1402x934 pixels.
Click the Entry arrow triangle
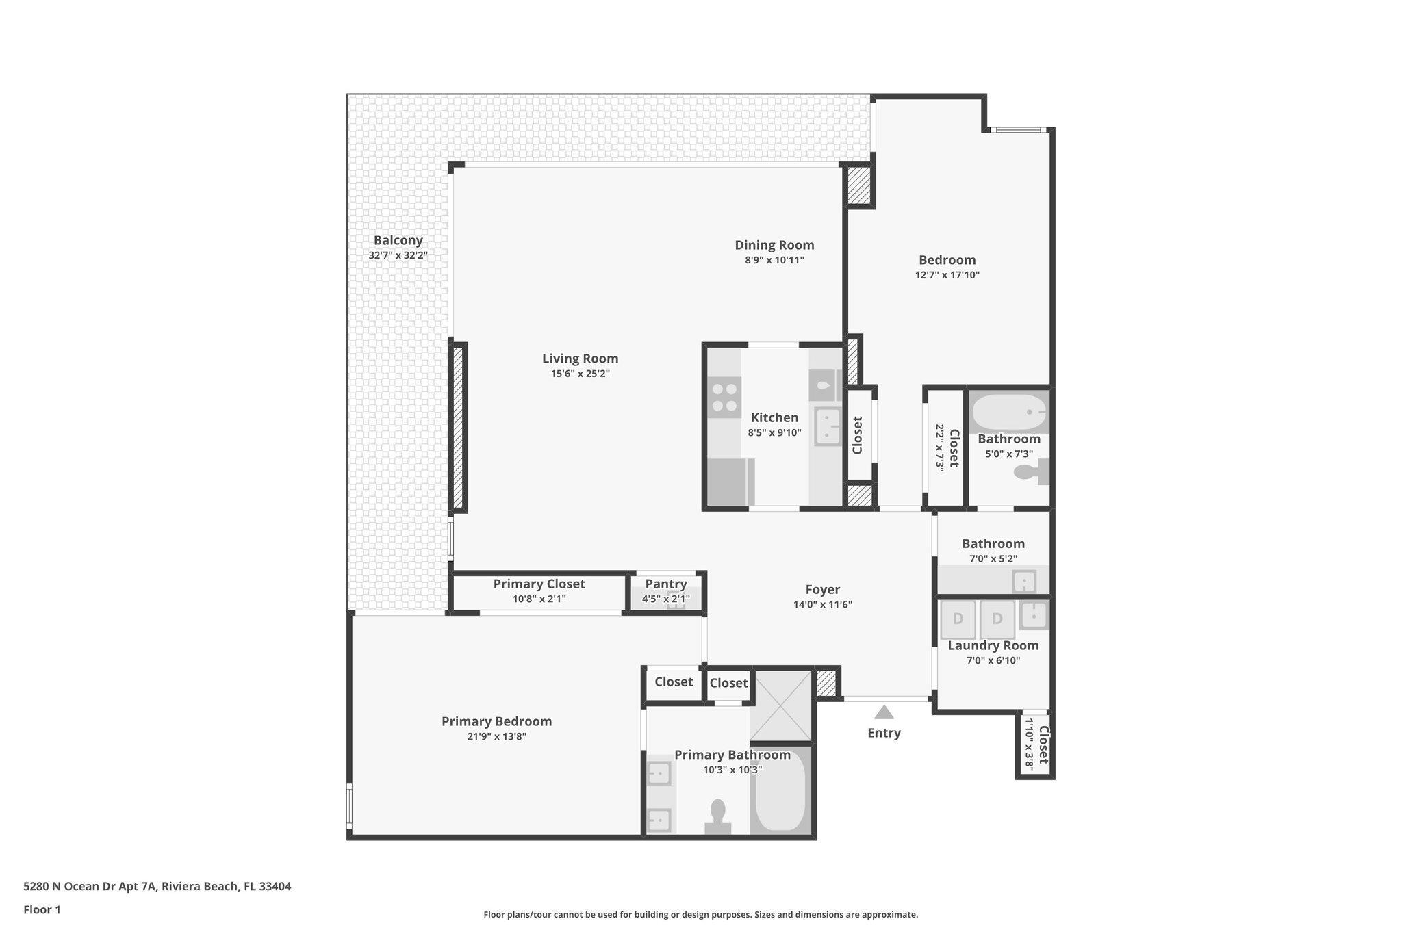[884, 712]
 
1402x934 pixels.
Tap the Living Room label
[580, 359]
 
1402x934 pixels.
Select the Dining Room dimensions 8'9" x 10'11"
[774, 260]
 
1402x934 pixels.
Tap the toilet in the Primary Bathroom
[718, 816]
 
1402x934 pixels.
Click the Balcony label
[398, 240]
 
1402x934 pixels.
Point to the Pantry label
[665, 584]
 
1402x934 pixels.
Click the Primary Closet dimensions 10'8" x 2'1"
[539, 599]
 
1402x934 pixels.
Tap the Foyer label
[822, 589]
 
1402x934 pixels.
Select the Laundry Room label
[993, 645]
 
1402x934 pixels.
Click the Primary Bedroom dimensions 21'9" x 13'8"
[496, 736]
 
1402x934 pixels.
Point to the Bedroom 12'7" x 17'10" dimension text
[947, 275]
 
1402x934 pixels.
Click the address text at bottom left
[157, 886]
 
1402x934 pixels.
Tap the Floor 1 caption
[42, 909]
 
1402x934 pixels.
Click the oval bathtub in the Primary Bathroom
[781, 791]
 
